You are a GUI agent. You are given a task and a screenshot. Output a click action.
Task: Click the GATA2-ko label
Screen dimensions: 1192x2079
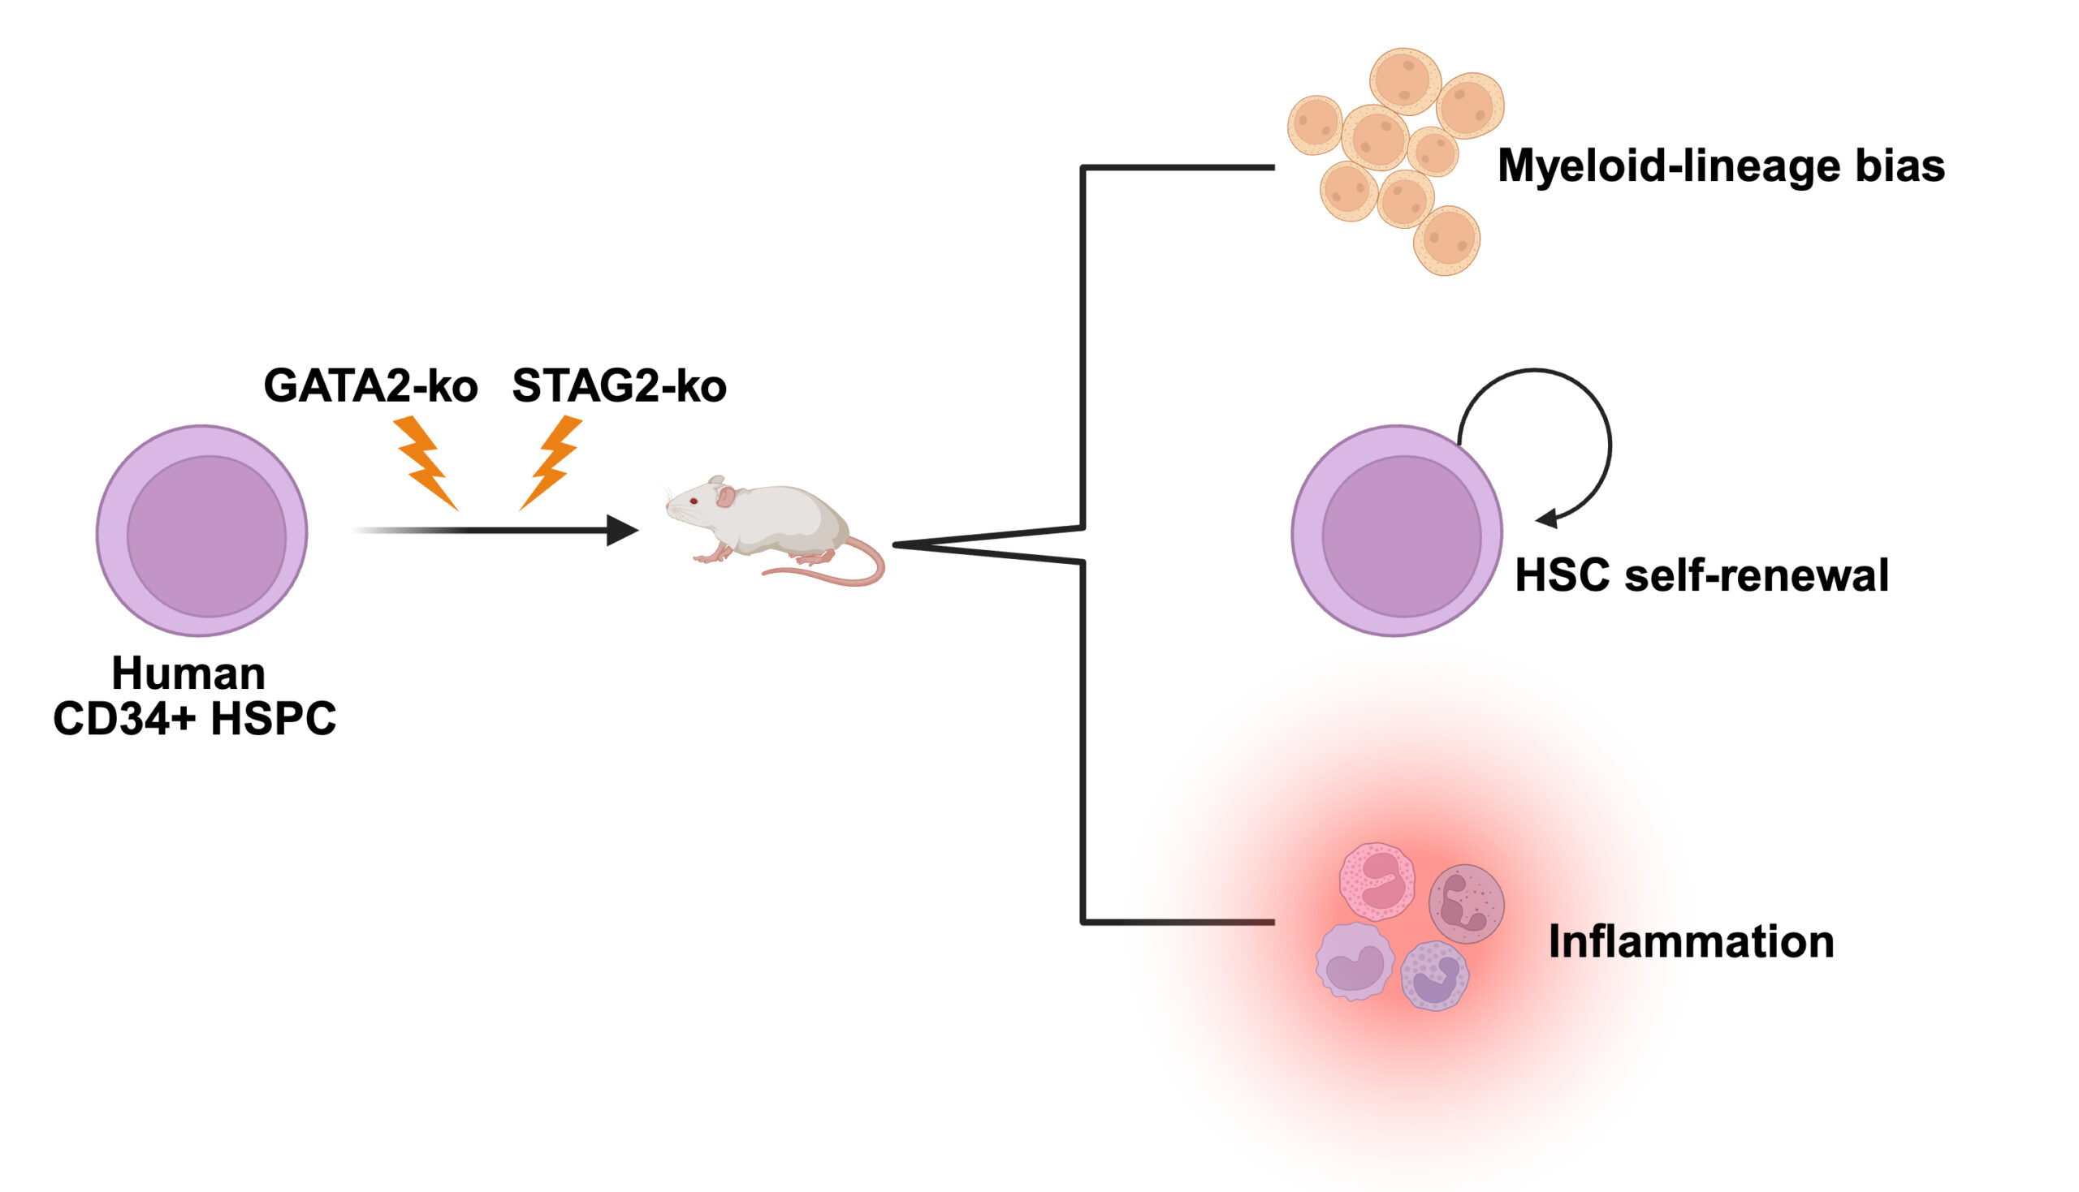[370, 385]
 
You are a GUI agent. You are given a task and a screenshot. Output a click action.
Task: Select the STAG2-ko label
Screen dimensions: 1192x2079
[619, 385]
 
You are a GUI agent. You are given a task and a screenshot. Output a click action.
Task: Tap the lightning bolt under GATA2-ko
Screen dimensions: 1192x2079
[425, 462]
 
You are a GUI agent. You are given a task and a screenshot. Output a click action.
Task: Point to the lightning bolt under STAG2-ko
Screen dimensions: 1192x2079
[551, 461]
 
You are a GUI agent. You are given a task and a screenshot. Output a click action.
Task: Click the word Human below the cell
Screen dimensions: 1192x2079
[188, 673]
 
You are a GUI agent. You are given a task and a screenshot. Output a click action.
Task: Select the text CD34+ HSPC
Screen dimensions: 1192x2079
[194, 719]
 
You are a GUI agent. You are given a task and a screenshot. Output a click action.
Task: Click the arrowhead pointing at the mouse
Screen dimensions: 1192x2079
[622, 531]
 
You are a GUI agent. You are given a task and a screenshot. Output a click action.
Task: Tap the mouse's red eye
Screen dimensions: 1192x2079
[694, 501]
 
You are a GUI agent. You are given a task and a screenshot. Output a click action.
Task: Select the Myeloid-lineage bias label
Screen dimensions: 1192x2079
[1720, 166]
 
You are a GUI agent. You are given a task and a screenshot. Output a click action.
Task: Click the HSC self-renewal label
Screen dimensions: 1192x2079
[1701, 574]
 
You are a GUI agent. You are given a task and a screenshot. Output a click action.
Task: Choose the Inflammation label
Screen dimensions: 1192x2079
[1691, 941]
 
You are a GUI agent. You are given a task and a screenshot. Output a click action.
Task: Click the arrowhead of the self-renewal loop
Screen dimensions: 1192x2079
[1546, 519]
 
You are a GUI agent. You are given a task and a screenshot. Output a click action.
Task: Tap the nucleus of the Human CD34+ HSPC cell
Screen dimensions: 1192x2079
[206, 536]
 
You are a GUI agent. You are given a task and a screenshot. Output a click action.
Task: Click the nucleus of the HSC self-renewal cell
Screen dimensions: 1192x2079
[1401, 536]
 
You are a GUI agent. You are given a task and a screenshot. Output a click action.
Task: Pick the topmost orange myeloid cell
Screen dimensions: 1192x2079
[1405, 81]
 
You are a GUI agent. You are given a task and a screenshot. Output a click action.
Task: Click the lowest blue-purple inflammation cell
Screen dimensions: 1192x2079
[1434, 975]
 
